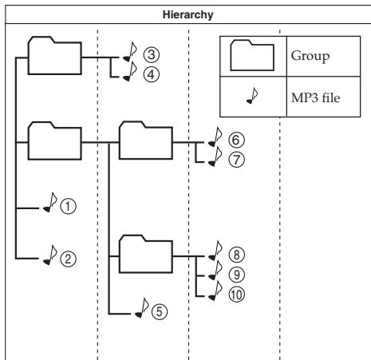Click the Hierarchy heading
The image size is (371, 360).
(x=187, y=14)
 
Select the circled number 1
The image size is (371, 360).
(x=68, y=206)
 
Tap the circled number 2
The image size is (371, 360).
(x=68, y=259)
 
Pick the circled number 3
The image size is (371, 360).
(x=152, y=54)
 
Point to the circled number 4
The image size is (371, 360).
(x=152, y=74)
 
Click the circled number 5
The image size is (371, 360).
(x=160, y=311)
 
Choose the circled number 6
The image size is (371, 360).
(x=236, y=140)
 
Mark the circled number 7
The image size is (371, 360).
(x=236, y=160)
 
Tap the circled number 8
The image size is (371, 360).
(x=236, y=255)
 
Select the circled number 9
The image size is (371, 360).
(x=236, y=275)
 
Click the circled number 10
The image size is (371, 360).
(x=236, y=295)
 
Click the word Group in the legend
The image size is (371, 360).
(x=310, y=56)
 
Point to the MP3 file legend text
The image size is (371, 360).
(x=315, y=97)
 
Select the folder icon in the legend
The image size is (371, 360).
(x=252, y=55)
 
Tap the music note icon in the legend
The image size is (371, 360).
(x=252, y=96)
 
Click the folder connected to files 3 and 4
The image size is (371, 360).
(x=54, y=56)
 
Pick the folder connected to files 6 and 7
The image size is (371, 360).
(x=146, y=140)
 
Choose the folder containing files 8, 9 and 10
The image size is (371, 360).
(x=146, y=254)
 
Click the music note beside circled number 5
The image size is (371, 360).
(x=142, y=308)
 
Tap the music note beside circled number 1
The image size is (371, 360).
(x=50, y=202)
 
